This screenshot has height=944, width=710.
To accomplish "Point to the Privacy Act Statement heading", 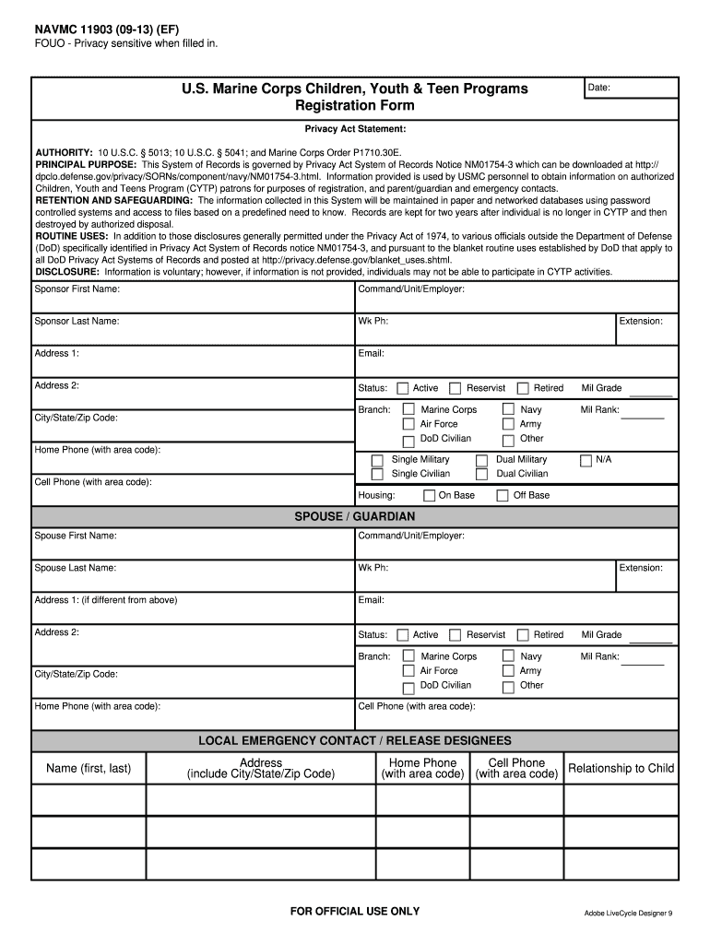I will tap(355, 129).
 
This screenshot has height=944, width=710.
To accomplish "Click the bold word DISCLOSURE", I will tap(66, 272).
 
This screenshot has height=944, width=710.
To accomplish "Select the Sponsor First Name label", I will tap(77, 289).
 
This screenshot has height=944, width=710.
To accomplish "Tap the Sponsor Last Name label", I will tap(77, 321).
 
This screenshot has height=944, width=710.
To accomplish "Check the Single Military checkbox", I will tap(377, 460).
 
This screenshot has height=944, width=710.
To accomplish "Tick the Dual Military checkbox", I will tap(481, 460).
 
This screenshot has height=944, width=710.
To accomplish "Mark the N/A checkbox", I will tap(586, 460).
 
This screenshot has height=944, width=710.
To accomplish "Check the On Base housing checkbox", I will tap(429, 496).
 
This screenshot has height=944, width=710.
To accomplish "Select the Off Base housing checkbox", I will tap(503, 496).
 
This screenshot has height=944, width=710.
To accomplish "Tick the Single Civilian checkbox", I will tap(377, 475).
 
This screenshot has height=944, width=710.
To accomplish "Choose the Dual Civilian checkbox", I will tap(481, 475).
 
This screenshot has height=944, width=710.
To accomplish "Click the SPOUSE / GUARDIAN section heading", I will tap(355, 516).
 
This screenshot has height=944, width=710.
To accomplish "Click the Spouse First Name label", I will tap(76, 536).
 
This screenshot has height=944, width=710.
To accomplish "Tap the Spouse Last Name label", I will tap(76, 568).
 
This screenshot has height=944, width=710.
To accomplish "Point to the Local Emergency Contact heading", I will tap(355, 740).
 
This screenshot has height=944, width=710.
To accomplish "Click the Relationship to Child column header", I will tap(621, 768).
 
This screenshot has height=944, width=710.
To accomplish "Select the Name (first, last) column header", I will tap(89, 768).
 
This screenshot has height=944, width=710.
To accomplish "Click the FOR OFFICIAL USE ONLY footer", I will tap(355, 911).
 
